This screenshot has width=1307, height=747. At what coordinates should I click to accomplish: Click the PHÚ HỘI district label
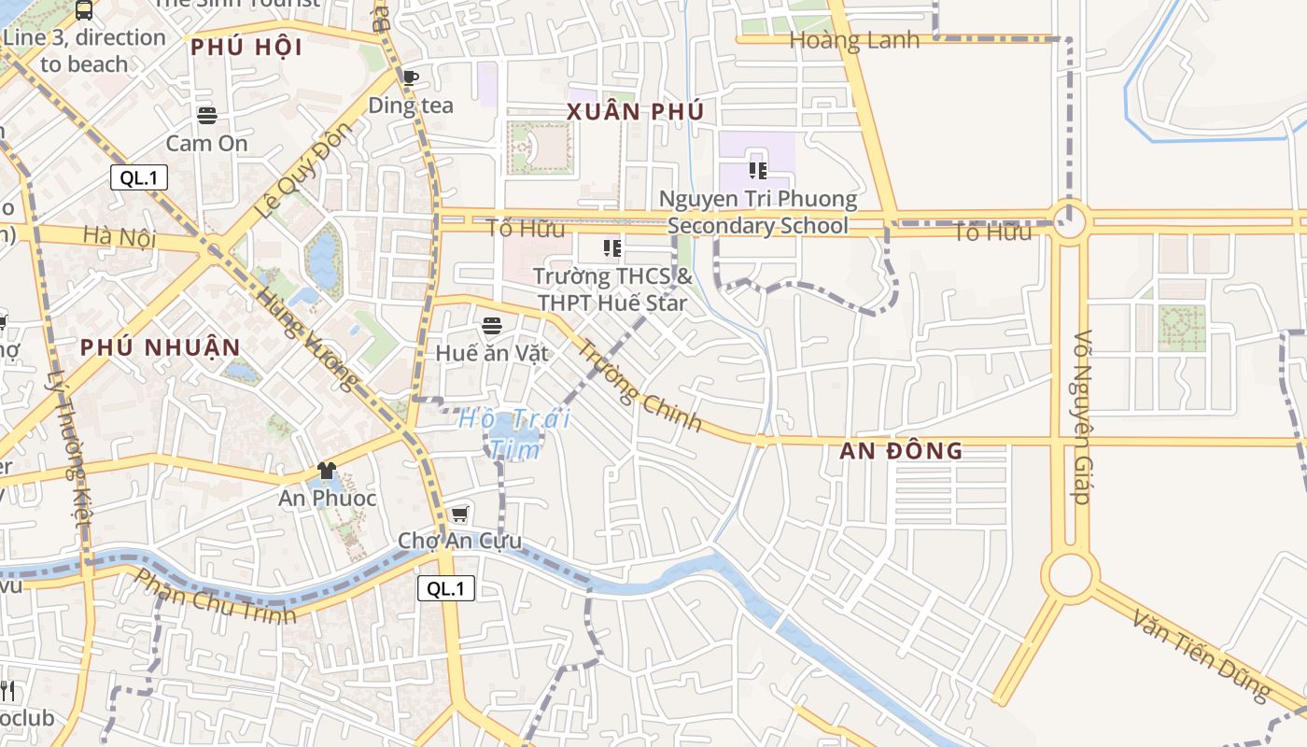246,47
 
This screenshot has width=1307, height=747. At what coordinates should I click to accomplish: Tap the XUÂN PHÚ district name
635,112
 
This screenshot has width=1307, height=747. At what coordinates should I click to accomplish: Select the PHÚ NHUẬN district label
160,347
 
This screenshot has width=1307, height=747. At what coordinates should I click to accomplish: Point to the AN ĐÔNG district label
901,451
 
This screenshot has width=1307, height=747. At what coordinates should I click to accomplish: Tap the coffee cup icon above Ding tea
410,78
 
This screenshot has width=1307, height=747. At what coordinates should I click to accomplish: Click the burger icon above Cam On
207,116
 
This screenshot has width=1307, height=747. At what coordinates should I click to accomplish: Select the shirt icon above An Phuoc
326,471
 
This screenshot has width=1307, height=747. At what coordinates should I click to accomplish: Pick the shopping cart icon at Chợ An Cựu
459,514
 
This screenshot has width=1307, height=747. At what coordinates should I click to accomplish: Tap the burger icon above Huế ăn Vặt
492,326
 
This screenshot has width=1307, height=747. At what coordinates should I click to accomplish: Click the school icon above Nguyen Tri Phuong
757,171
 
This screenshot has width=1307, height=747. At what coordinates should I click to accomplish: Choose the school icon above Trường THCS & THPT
612,248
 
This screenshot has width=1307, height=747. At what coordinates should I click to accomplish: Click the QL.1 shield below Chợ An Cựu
446,588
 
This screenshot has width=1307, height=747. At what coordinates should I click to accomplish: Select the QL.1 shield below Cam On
139,177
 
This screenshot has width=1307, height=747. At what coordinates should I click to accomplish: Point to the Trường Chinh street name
639,385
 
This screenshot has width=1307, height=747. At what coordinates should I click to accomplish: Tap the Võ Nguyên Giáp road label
1083,416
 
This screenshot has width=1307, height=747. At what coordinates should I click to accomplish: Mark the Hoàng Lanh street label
854,40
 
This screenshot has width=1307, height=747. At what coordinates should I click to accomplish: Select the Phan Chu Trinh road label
216,595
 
